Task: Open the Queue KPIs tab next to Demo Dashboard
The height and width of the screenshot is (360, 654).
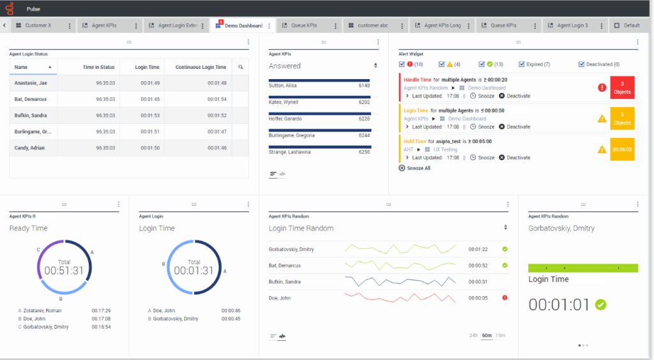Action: point(303,26)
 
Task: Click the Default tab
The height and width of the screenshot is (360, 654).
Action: point(631,26)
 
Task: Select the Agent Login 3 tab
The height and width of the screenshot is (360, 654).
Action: point(572,26)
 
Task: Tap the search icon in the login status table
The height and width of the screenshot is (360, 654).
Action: point(241,67)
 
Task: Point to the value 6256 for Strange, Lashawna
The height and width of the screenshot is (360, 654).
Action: point(364,152)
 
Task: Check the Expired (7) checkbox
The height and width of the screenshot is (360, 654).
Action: point(522,64)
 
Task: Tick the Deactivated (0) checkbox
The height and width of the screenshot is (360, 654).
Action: point(582,64)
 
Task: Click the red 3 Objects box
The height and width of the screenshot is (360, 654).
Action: point(622,88)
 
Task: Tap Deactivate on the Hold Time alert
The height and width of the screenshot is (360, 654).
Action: point(518,158)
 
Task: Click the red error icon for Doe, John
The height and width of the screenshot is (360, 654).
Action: point(505,297)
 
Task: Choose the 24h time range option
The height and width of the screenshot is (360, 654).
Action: point(474,336)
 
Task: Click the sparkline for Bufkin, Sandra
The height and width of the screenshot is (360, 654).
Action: point(400,281)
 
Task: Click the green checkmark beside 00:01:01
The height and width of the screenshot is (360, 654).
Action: point(600,304)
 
